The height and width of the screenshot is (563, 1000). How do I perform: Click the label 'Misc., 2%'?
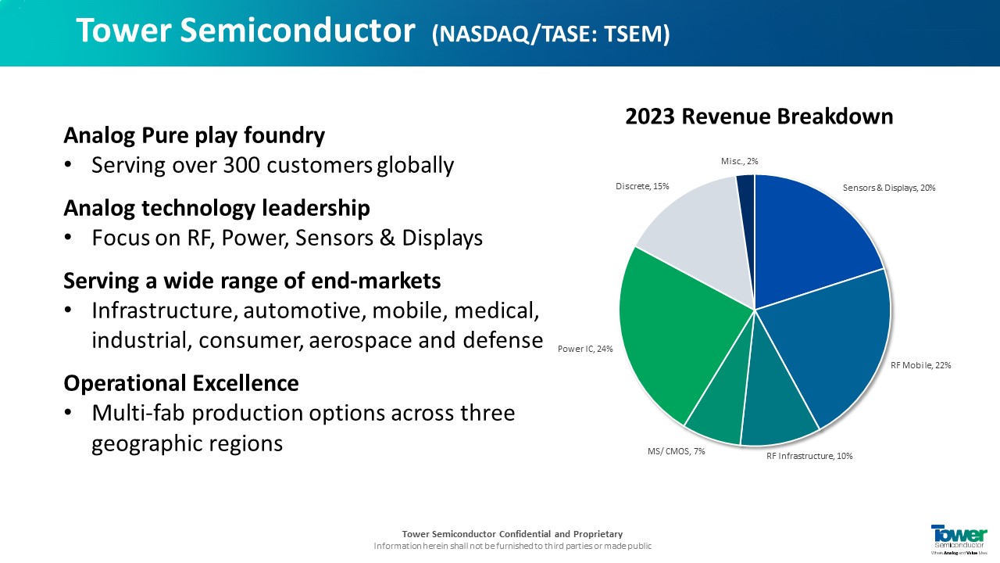pos(739,161)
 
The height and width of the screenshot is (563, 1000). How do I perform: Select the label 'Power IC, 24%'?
pos(585,349)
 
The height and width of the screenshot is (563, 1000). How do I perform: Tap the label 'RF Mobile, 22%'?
pos(920,365)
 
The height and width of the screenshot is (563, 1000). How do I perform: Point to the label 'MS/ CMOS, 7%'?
pos(676,452)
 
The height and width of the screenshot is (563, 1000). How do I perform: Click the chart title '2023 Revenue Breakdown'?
pos(759,117)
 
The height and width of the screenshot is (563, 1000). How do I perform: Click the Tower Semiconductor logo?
pos(959,540)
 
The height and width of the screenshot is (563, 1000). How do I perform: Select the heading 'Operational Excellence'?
pos(181,383)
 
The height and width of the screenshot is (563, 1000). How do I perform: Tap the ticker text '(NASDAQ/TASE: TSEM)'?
pos(551,34)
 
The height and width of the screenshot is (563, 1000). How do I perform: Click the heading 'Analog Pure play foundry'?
pos(195,136)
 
